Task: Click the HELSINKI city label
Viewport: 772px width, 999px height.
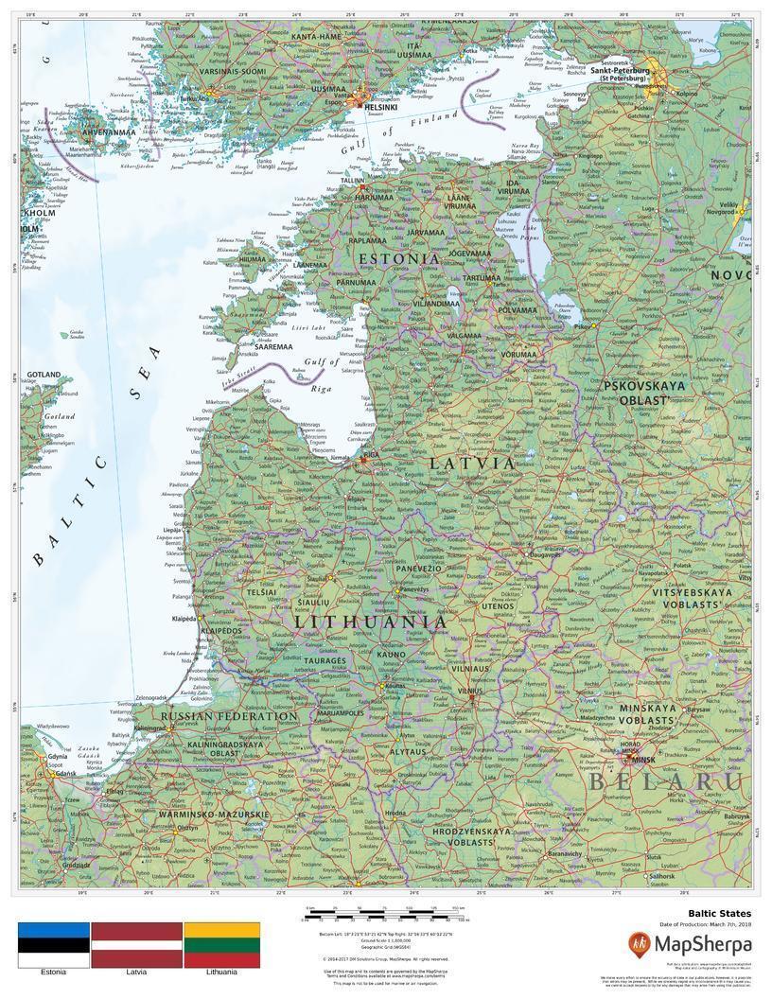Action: [x=380, y=107]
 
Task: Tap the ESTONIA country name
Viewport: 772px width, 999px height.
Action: [x=398, y=258]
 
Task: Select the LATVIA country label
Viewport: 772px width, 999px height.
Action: [x=473, y=464]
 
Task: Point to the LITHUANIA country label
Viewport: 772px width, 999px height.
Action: [x=370, y=622]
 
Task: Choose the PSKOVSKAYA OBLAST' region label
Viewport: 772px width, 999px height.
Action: [x=637, y=393]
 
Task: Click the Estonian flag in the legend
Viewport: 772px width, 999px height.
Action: [x=54, y=945]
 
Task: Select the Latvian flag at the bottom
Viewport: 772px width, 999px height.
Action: [x=136, y=945]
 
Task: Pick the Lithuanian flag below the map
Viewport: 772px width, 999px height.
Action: [x=221, y=945]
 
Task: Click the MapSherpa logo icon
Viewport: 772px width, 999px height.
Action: [x=640, y=943]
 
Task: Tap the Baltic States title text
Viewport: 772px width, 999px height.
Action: [x=720, y=914]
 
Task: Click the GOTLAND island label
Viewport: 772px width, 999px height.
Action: [x=44, y=375]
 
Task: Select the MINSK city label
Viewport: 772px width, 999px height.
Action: [x=643, y=760]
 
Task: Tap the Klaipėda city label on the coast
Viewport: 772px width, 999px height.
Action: [x=184, y=619]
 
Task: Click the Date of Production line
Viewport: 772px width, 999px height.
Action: [x=705, y=924]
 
